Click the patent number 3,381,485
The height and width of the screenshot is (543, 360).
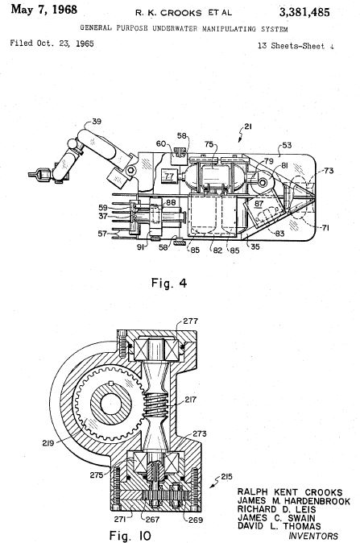tap(304, 12)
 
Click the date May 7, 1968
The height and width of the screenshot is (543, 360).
tap(44, 10)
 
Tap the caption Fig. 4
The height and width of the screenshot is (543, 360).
tap(169, 284)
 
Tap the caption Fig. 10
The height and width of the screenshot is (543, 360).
tap(130, 536)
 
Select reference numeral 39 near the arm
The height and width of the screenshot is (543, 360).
tap(97, 122)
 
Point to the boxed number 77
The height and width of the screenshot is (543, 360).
tap(169, 176)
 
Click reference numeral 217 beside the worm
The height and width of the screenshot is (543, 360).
tap(190, 400)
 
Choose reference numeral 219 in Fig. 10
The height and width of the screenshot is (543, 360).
tap(48, 442)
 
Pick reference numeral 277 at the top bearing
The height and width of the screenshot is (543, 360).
tap(190, 321)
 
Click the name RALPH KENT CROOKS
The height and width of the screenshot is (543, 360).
tap(290, 492)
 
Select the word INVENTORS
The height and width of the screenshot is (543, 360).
tap(313, 537)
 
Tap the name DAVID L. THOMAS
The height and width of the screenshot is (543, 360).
tap(279, 526)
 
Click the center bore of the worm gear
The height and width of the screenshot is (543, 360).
tap(111, 404)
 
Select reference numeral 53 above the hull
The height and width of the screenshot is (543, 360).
tap(287, 146)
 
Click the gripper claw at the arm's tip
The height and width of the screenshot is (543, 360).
tap(39, 174)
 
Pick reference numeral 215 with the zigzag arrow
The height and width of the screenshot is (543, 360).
tap(226, 477)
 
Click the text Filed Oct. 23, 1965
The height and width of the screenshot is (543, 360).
tap(52, 44)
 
